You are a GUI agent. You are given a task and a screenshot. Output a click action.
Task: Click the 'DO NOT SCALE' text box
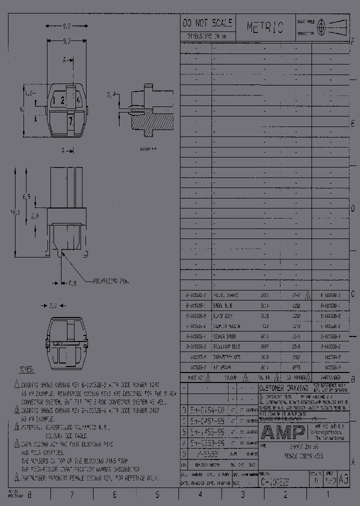[207, 23]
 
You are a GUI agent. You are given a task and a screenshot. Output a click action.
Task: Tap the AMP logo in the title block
[282, 432]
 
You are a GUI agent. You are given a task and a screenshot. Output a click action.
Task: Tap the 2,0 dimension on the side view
[34, 216]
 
